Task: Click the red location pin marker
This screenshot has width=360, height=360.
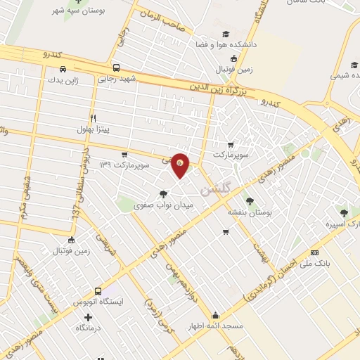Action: [x=181, y=165]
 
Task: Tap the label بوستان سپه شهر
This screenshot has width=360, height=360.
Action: [x=78, y=11]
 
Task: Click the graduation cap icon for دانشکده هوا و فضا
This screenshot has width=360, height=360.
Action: [x=225, y=33]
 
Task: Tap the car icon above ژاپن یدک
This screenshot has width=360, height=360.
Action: [x=64, y=69]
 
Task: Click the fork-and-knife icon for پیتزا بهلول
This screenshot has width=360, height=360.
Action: [x=92, y=119]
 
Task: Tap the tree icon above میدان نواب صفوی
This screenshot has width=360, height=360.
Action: [x=163, y=194]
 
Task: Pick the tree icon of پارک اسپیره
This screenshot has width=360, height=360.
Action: [x=344, y=213]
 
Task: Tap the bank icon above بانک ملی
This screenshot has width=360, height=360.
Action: [x=314, y=252]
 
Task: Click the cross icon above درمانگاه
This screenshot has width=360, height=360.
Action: [x=79, y=317]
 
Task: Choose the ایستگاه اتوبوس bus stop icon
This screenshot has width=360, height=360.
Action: [x=96, y=290]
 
